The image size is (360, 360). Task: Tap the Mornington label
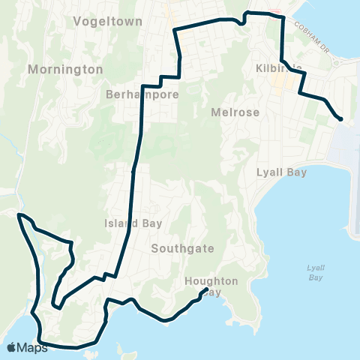(65, 69)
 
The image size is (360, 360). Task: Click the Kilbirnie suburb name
(278, 68)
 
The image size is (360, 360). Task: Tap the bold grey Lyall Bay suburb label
(281, 172)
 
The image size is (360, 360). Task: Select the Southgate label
(182, 248)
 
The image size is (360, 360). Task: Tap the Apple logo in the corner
(12, 347)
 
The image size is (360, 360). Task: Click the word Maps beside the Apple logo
(33, 347)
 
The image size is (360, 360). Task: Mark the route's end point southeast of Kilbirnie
(341, 118)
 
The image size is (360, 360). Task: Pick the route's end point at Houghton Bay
(205, 289)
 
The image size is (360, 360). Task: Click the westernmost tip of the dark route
(18, 214)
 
